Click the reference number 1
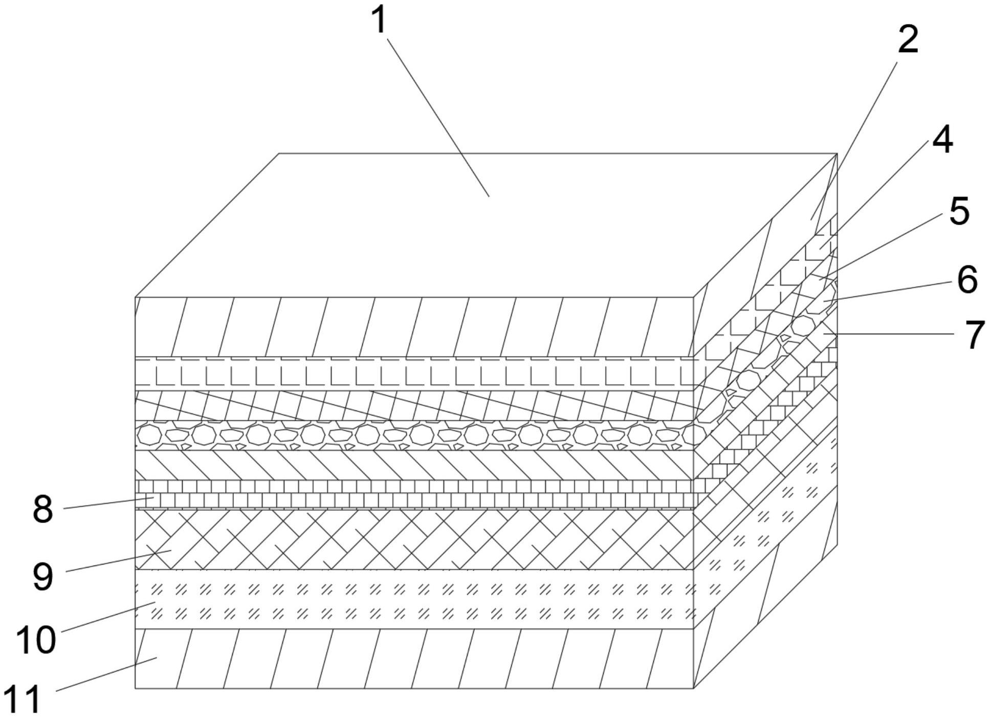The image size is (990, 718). coord(379,21)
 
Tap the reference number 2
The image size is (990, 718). coord(908,40)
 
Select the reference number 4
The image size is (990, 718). coord(942,140)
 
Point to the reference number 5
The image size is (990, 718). coord(959,211)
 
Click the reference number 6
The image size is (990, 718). coord(967,280)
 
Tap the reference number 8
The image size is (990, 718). coord(42,510)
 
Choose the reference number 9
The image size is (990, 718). coord(42,577)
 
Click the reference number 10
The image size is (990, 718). coord(35,640)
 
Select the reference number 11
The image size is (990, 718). coord(22,700)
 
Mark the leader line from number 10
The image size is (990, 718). coord(108,618)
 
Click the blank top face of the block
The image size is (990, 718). coord(486,225)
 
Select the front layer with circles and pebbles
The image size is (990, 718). coord(414,436)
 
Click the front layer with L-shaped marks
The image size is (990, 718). coord(414,374)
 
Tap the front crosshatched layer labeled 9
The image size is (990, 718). coord(414,539)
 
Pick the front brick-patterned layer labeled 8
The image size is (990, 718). coord(414,494)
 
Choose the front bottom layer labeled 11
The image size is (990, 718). coord(414,659)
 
